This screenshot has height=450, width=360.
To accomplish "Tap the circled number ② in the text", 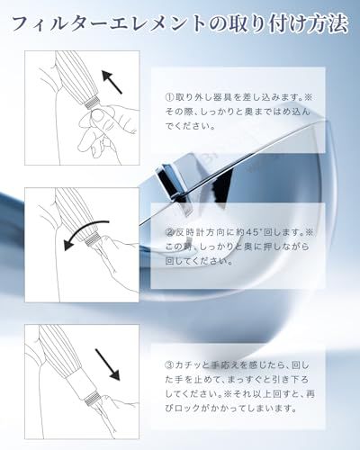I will click(167, 231).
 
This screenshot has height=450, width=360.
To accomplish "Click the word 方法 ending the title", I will click(324, 23).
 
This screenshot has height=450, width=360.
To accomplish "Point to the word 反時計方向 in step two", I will click(204, 231).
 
